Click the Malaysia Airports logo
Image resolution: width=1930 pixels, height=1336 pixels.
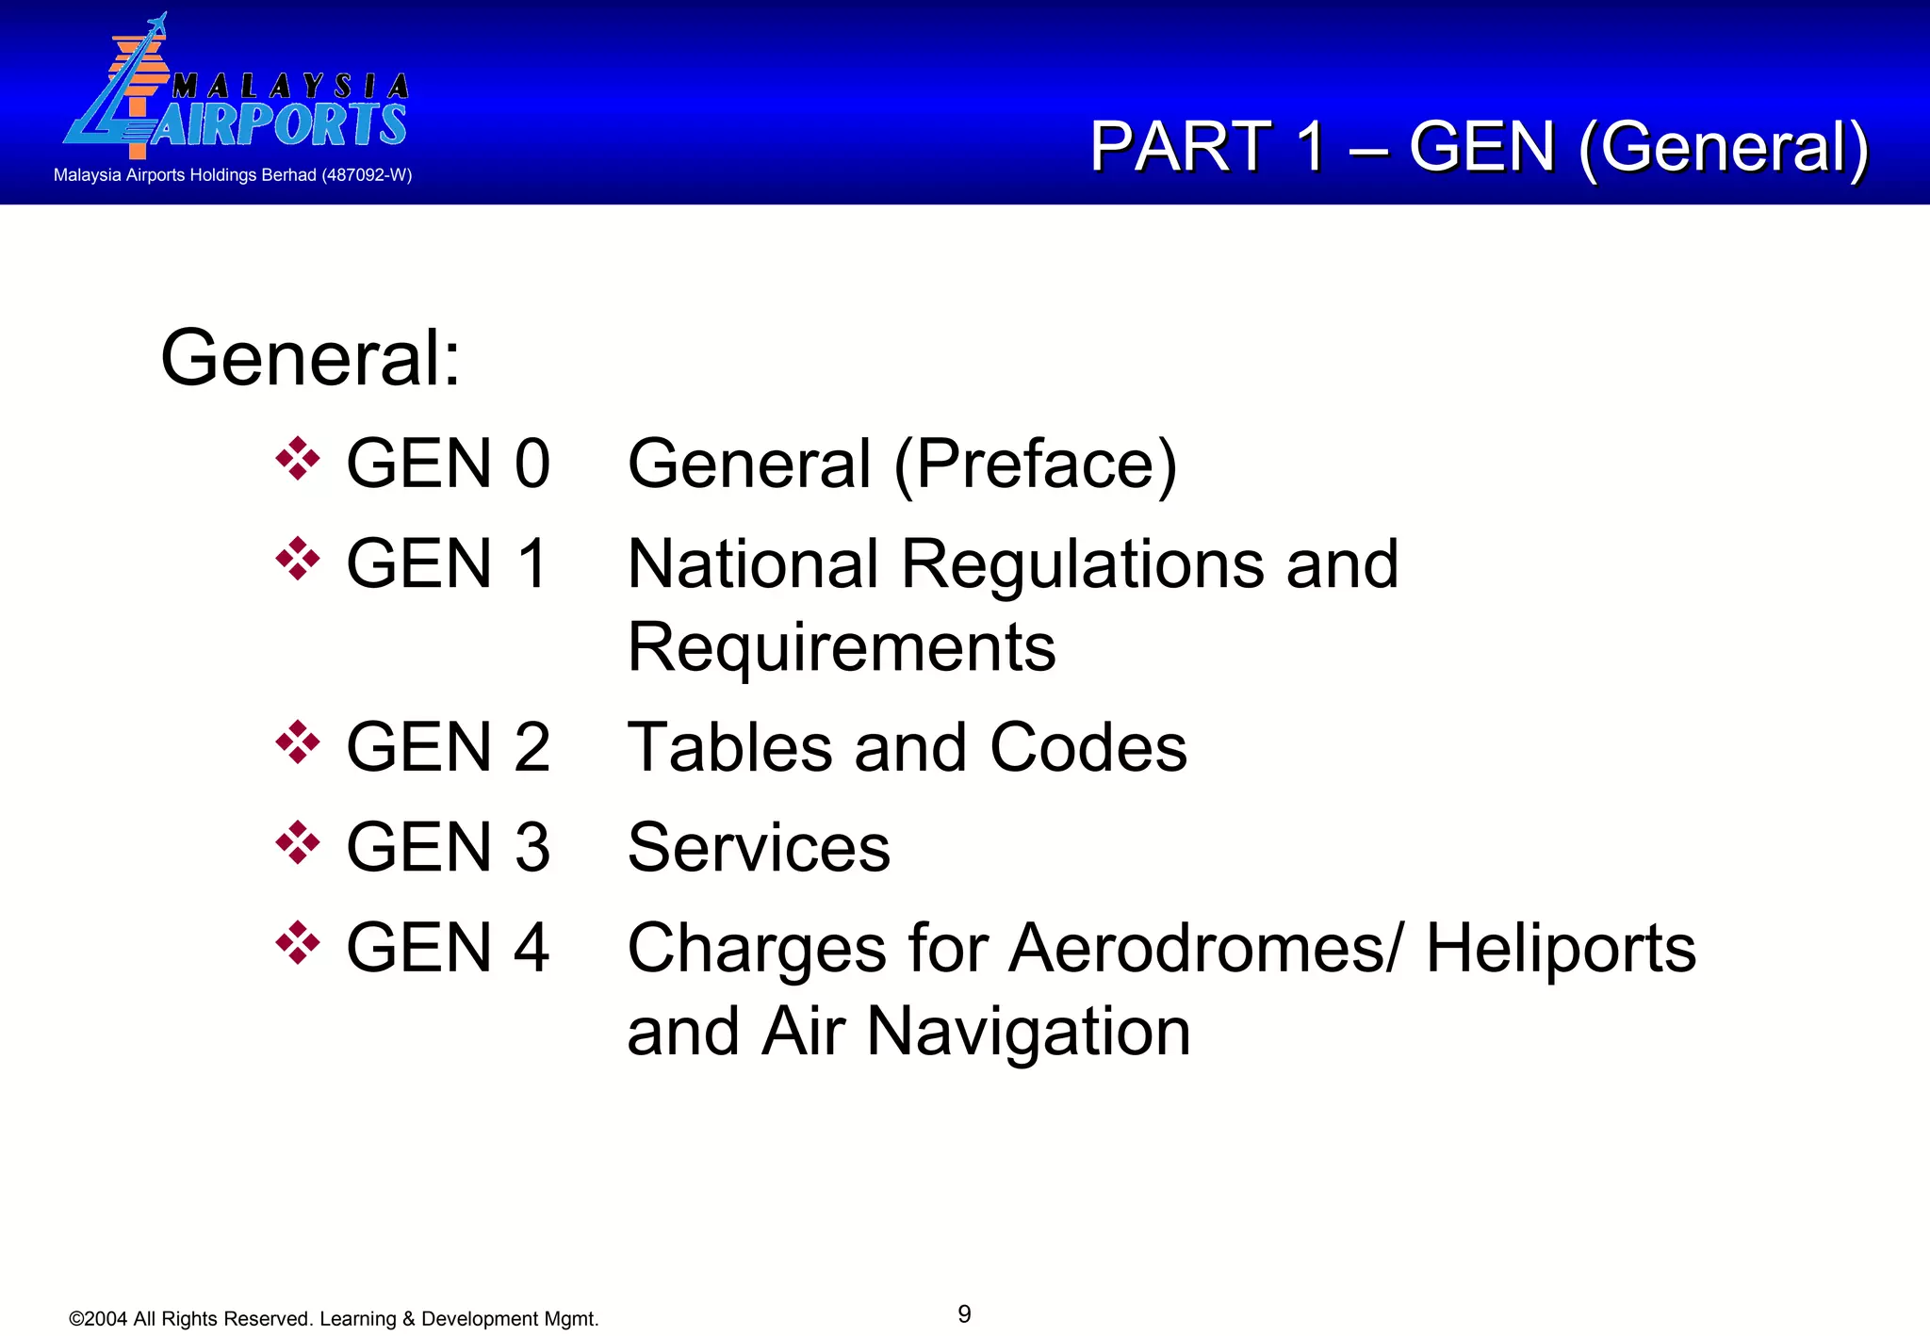236,90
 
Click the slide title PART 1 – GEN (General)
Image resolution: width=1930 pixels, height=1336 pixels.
1479,147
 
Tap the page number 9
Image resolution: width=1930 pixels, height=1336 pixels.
964,1313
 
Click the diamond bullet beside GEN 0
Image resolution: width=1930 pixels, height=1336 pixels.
298,460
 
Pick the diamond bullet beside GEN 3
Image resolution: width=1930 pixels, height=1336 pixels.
298,843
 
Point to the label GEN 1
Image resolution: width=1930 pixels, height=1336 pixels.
447,563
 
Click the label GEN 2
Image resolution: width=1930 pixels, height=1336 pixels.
448,747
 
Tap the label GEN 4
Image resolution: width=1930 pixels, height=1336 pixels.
448,947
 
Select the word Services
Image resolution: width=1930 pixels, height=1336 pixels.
759,847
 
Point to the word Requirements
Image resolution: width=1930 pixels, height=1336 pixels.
842,647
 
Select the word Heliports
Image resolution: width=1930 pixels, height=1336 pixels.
1561,947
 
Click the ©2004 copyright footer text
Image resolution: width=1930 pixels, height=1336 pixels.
334,1319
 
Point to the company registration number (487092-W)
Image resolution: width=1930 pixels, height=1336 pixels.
367,175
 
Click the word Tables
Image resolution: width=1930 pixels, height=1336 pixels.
730,747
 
